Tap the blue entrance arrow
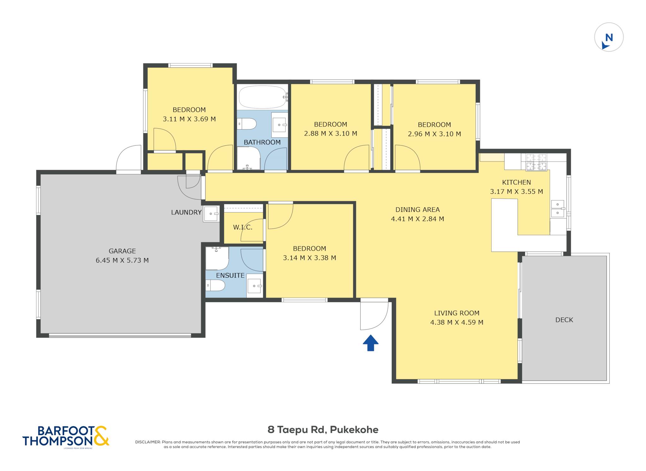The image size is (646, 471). (x=371, y=343)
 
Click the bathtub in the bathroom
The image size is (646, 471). (x=263, y=97)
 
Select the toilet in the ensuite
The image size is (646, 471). (x=215, y=285)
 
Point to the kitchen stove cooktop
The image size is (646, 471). (x=536, y=162)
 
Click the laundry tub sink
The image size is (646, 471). (x=211, y=214)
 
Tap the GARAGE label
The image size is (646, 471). (x=122, y=251)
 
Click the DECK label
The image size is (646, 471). (x=564, y=320)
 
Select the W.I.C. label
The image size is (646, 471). (x=243, y=227)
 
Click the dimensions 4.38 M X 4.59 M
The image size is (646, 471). (x=457, y=322)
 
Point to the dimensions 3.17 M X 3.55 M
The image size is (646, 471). (x=516, y=191)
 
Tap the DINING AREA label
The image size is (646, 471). (x=417, y=209)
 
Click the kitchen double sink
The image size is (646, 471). (x=558, y=209)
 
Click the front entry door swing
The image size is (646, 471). (x=374, y=316)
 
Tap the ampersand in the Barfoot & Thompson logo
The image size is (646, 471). (x=101, y=436)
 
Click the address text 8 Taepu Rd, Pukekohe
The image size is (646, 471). (x=323, y=429)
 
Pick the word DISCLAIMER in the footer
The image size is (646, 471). (x=148, y=442)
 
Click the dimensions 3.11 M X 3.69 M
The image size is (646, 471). (x=189, y=119)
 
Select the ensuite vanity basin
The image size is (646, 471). (x=255, y=286)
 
